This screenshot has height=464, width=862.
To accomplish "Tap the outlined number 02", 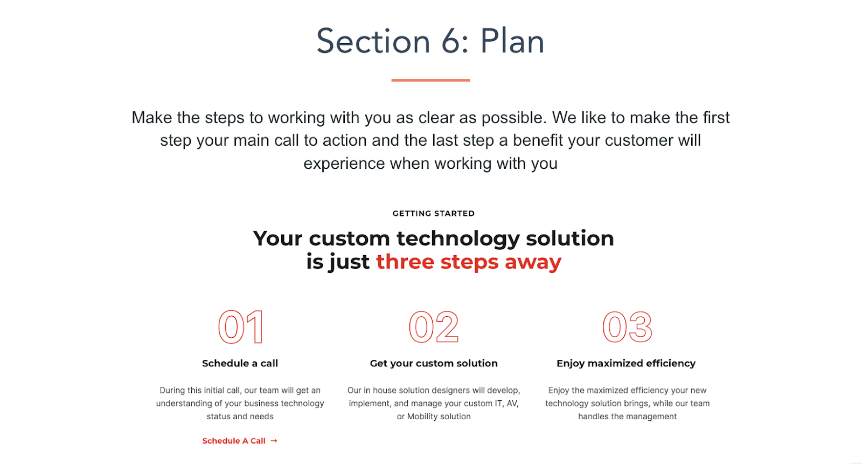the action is point(434,327).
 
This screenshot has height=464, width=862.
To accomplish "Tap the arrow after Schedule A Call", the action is point(274,441).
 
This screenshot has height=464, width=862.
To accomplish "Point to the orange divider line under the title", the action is point(430,80).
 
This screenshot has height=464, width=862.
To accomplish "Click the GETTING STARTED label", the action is point(434,214).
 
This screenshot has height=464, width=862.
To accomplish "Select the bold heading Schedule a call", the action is point(240,363).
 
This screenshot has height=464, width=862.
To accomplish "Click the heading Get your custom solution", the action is point(434,363).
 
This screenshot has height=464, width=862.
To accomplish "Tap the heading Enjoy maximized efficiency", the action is point(626,363).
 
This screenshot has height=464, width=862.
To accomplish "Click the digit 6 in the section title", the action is point(450,41).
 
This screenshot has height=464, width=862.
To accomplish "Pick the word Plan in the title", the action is point(512,41).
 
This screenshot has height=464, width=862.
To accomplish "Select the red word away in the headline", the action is point(533,263).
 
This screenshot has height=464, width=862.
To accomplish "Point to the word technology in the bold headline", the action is point(458,238).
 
